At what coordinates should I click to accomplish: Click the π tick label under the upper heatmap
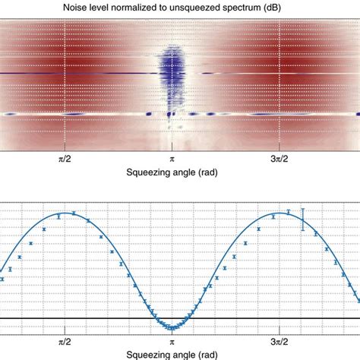(x=172, y=161)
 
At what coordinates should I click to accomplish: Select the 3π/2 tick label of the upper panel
(x=280, y=161)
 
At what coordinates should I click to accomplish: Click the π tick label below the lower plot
(x=172, y=341)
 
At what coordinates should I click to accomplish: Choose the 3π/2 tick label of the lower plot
(x=280, y=341)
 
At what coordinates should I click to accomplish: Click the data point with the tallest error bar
(x=303, y=219)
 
